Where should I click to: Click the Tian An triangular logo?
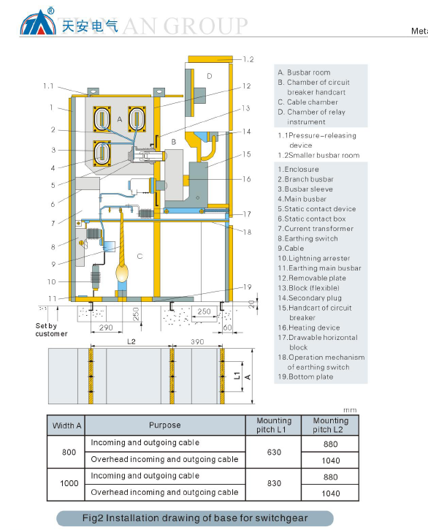(38, 23)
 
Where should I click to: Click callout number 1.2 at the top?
(248, 59)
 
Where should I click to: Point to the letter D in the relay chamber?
(210, 76)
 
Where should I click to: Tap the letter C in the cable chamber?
(140, 256)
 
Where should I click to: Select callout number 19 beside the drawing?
(248, 287)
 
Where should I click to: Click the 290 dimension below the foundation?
(106, 328)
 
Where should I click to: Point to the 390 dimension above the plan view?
(197, 341)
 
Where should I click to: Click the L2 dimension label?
(131, 341)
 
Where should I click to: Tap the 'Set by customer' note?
(51, 330)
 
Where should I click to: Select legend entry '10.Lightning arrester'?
(314, 258)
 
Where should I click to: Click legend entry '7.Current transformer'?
(316, 229)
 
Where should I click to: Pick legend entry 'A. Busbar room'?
(304, 72)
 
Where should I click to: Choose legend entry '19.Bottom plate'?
(305, 376)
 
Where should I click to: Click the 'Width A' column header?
(66, 425)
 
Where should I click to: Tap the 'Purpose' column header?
(165, 425)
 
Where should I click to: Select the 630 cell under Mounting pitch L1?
(274, 453)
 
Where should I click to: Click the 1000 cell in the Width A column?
(69, 483)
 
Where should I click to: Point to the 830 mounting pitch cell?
(274, 483)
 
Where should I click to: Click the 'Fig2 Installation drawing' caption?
(195, 518)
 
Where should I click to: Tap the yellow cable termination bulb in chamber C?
(122, 273)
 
